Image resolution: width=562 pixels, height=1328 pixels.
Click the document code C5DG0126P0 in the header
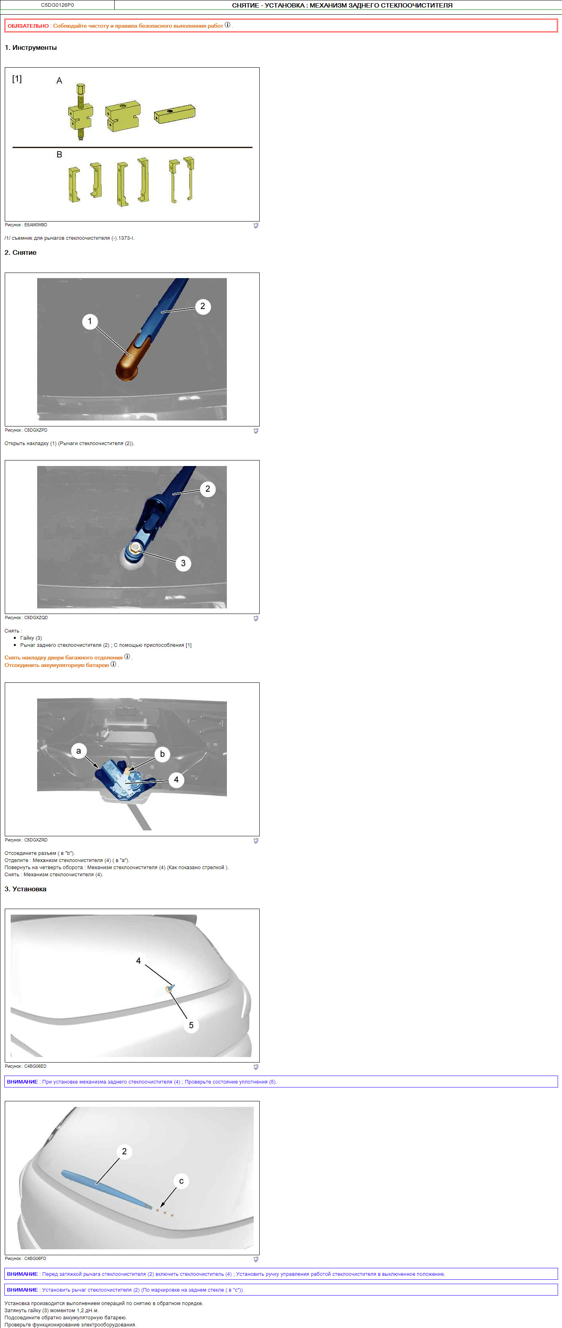pos(57,5)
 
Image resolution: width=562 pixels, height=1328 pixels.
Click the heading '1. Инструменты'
pos(31,47)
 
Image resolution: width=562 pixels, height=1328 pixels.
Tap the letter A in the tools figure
pos(59,80)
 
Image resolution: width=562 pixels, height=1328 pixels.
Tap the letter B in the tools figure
pos(59,154)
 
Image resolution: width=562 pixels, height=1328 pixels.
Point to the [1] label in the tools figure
pos(17,78)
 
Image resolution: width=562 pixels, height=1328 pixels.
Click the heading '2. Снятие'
pos(21,253)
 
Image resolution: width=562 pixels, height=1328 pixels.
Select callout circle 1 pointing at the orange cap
pos(90,321)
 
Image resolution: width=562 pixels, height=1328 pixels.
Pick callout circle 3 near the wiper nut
pos(183,563)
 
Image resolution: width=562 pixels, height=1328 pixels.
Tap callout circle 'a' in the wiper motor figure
pos(78,750)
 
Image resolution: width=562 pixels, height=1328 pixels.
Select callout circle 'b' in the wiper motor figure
pos(162,754)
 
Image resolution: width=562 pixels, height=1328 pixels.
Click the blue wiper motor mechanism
pos(124,779)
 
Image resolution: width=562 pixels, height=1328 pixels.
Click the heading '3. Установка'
pos(26,889)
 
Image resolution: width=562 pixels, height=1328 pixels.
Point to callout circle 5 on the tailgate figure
pos(191,1025)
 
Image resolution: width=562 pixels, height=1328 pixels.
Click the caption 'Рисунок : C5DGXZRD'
pos(26,840)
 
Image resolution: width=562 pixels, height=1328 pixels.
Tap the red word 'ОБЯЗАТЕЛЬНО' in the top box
pos(28,26)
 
